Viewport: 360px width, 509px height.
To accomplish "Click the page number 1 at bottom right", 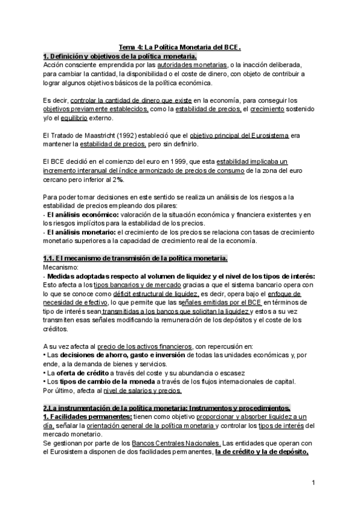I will click(314, 483).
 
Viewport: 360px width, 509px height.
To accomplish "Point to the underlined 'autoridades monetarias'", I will click(188, 64).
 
